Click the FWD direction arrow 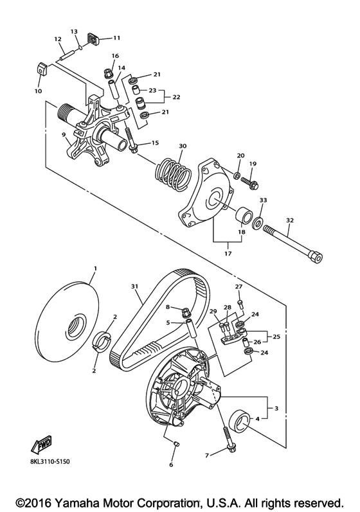pos(42,445)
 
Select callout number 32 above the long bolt pos(289,220)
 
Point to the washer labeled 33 pos(257,223)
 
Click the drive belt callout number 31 pos(134,287)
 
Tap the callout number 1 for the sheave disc pos(95,268)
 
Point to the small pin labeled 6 pos(175,444)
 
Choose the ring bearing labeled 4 pos(241,422)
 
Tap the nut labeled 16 pos(108,73)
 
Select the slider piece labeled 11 pos(93,39)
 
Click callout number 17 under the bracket pos(228,253)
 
